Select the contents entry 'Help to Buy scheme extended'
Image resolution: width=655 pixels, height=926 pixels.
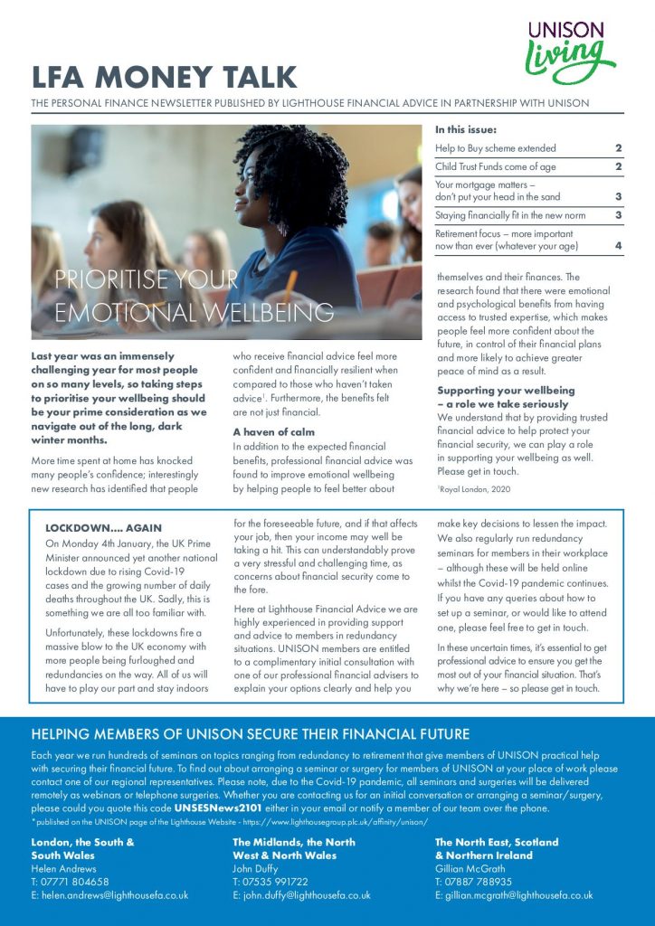click(496, 148)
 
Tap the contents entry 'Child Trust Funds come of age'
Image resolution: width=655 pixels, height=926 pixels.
click(496, 167)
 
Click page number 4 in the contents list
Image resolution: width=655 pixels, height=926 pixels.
click(618, 245)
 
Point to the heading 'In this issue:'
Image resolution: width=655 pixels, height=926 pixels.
click(465, 129)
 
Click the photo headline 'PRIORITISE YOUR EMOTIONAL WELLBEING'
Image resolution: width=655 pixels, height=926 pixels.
click(194, 296)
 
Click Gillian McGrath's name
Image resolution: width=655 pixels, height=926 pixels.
click(473, 868)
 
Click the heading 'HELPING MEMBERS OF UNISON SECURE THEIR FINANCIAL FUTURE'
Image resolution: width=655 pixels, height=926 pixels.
click(250, 733)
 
